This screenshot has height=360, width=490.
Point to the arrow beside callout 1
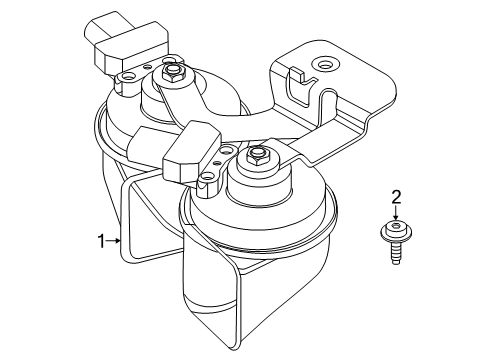tap(115, 240)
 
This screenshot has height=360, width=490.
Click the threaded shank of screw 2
tap(395, 254)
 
